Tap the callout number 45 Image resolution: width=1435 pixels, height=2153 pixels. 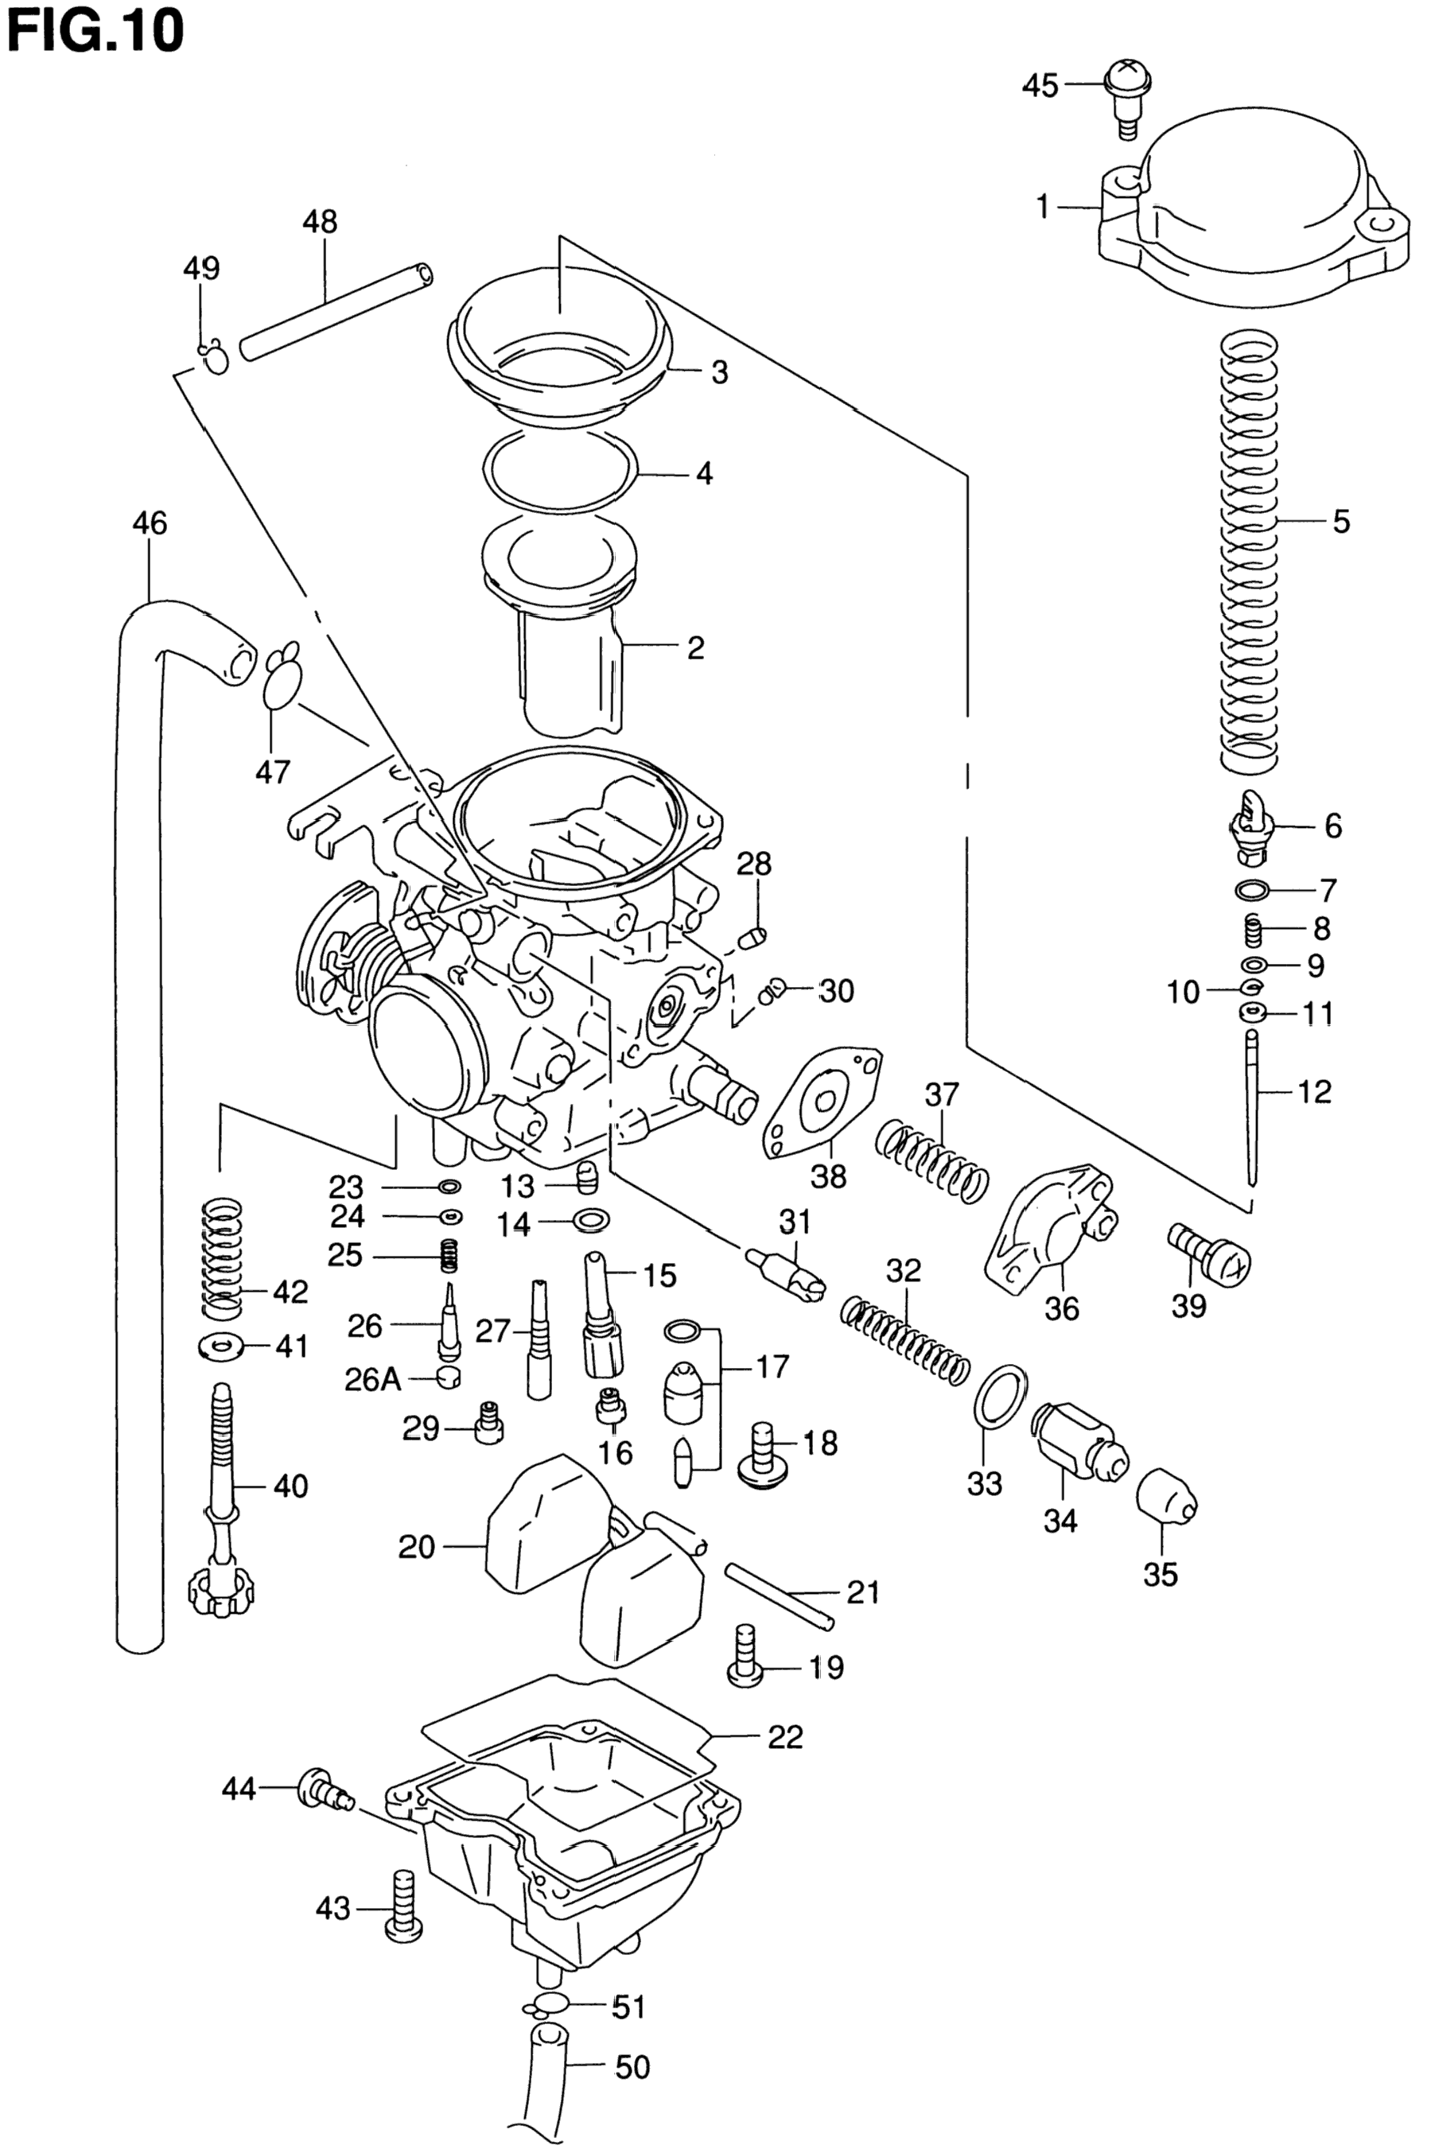click(x=1040, y=86)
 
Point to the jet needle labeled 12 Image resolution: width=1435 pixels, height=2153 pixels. click(x=1252, y=1107)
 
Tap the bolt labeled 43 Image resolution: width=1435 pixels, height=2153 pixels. click(x=402, y=1903)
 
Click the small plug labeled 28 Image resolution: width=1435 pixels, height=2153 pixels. click(x=752, y=937)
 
